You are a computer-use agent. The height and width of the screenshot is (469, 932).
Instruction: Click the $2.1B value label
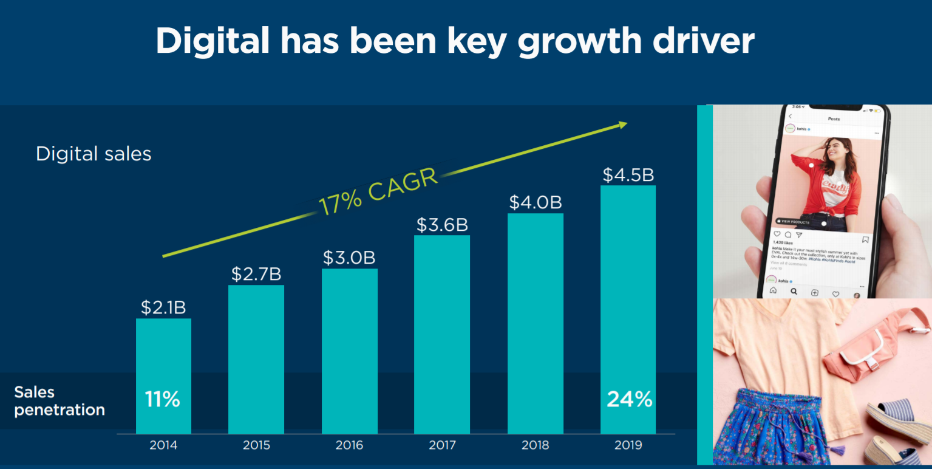[x=163, y=307]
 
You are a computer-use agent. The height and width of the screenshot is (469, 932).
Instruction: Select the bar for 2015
[x=256, y=358]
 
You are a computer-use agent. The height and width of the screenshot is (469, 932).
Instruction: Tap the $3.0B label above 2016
[x=349, y=258]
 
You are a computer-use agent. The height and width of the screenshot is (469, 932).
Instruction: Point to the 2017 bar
[x=442, y=334]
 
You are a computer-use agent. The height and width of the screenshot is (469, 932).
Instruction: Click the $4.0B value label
[x=536, y=202]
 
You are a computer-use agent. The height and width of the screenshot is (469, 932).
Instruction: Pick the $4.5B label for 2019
[x=628, y=175]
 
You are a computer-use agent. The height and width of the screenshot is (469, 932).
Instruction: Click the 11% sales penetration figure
[x=163, y=400]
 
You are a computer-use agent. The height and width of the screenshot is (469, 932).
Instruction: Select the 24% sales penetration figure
[x=629, y=400]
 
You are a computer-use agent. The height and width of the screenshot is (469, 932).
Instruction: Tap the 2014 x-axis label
[x=163, y=445]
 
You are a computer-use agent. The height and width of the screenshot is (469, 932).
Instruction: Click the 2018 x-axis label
[x=536, y=445]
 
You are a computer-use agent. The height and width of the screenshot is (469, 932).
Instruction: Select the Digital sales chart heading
[x=94, y=154]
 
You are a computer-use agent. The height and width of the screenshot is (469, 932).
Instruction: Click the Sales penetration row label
[x=60, y=401]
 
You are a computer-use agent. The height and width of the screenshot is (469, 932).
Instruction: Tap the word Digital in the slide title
[x=213, y=41]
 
